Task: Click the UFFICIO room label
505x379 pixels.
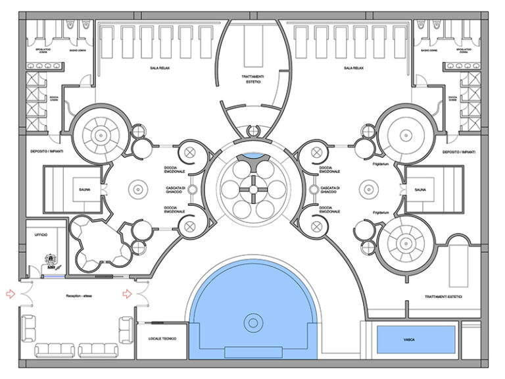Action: pyautogui.click(x=37, y=235)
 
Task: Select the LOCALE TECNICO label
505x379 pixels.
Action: pyautogui.click(x=160, y=338)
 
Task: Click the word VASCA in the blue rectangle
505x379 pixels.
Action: pyautogui.click(x=415, y=340)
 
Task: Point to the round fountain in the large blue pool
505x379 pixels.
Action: pyautogui.click(x=252, y=323)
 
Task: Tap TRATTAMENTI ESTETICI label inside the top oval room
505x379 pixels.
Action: pyautogui.click(x=252, y=80)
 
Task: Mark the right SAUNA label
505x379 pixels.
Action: pyautogui.click(x=421, y=191)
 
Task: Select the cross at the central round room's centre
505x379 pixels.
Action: pyautogui.click(x=252, y=190)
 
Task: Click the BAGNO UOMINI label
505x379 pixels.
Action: pyautogui.click(x=68, y=49)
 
